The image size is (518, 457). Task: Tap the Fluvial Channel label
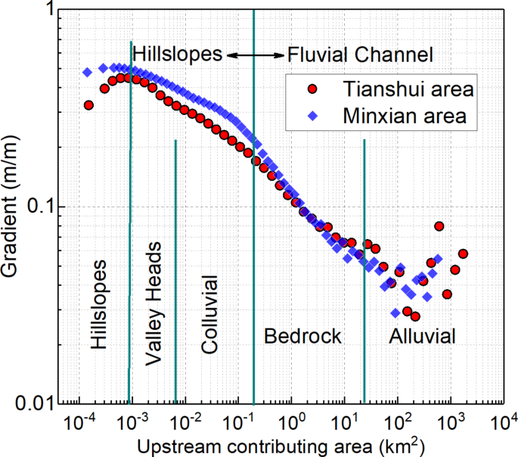pyautogui.click(x=359, y=54)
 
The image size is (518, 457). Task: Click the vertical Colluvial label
pyautogui.click(x=209, y=315)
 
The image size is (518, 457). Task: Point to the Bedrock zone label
pyautogui.click(x=302, y=337)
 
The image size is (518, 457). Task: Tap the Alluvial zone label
pyautogui.click(x=423, y=337)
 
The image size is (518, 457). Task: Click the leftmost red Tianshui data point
pyautogui.click(x=88, y=105)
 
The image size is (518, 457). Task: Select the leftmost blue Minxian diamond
pyautogui.click(x=87, y=73)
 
